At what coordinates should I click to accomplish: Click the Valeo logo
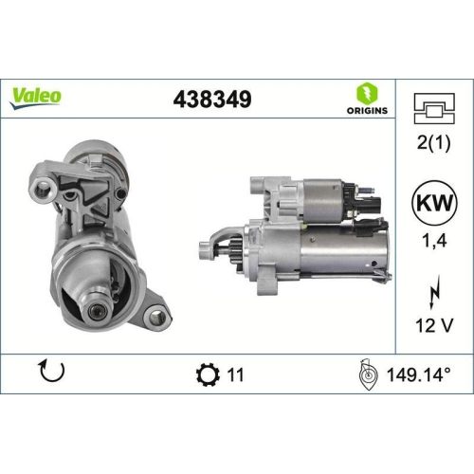(37, 96)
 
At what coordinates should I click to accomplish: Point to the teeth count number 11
(236, 374)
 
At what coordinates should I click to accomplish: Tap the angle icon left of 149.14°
(370, 374)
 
